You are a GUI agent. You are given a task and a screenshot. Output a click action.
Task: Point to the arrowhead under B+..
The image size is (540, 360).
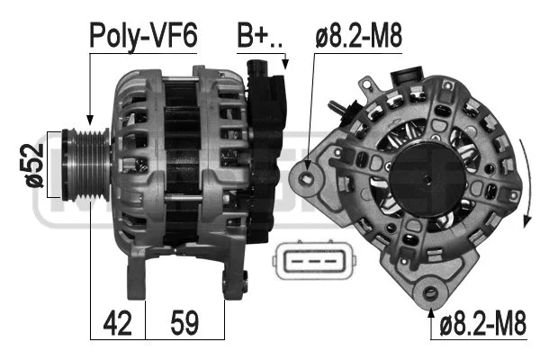284,66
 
